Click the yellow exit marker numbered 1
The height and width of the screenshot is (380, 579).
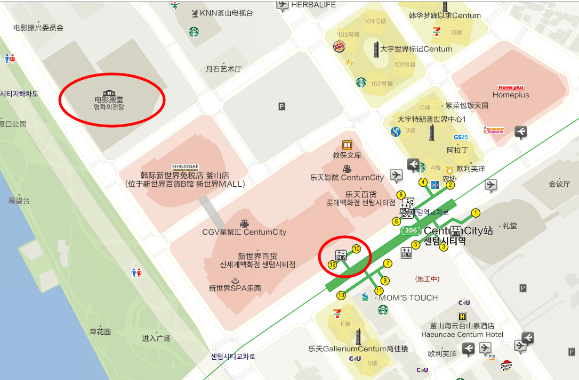[x=476, y=213]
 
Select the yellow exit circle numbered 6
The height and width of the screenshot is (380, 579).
[x=401, y=195]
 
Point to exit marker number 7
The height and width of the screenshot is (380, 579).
[x=388, y=263]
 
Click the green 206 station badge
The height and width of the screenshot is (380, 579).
[x=410, y=230]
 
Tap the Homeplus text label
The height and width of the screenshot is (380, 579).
[x=510, y=95]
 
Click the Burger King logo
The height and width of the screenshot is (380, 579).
[x=339, y=46]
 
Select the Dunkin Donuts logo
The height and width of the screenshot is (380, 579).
[x=494, y=130]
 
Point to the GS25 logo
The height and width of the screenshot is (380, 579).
[x=461, y=137]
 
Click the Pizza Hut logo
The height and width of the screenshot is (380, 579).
[x=506, y=365]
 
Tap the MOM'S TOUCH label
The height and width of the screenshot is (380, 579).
[x=408, y=298]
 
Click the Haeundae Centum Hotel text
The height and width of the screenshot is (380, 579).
[x=462, y=334]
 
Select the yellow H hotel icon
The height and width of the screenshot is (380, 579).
[x=462, y=317]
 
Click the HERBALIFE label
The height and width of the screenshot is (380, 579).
[x=313, y=5]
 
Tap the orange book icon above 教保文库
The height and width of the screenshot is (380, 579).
[x=347, y=145]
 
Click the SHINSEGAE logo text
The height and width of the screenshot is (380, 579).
[x=184, y=167]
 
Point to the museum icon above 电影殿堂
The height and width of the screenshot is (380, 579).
[x=109, y=93]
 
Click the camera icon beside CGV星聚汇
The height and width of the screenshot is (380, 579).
[x=244, y=223]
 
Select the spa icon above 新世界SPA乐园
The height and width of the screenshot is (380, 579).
[x=235, y=280]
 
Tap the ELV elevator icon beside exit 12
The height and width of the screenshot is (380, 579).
[x=341, y=255]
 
